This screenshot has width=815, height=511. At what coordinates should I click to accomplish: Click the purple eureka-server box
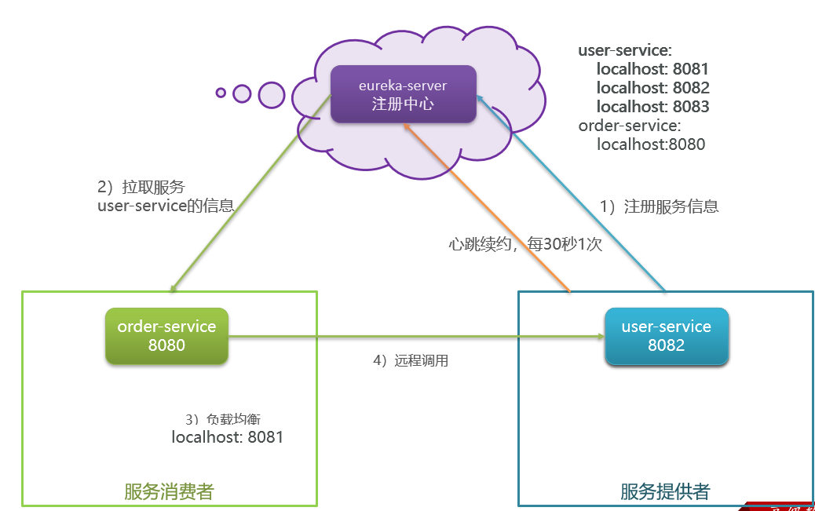[x=403, y=94]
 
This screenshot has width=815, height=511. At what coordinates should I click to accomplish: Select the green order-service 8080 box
[x=166, y=336]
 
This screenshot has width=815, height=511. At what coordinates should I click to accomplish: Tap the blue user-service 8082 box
[x=667, y=336]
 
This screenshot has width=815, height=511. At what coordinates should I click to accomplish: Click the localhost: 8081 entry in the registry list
[x=652, y=69]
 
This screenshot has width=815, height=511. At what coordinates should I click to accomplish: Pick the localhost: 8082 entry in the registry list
[x=652, y=88]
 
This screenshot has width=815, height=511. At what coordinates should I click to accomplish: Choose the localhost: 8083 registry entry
[x=652, y=107]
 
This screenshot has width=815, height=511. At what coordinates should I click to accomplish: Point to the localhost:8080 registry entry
[x=651, y=144]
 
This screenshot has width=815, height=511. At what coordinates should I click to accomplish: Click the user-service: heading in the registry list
[x=625, y=50]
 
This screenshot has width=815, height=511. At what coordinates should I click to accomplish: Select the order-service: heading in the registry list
[x=630, y=126]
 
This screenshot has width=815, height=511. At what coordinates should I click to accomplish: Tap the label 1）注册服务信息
[x=660, y=207]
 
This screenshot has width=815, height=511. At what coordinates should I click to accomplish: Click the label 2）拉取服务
[x=141, y=188]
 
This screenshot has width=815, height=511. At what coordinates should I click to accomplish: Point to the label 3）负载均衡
[x=228, y=419]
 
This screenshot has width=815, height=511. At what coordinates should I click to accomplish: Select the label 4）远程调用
[x=411, y=361]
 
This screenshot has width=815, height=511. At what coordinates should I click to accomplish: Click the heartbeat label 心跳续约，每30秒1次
[x=525, y=244]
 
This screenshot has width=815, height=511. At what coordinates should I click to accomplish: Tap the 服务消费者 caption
[x=169, y=492]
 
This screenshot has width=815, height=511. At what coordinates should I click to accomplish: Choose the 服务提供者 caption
[x=665, y=492]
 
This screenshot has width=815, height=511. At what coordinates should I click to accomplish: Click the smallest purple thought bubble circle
[x=221, y=93]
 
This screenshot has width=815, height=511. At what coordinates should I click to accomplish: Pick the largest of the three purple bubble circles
[x=272, y=95]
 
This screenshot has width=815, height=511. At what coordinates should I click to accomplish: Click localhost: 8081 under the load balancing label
[x=228, y=437]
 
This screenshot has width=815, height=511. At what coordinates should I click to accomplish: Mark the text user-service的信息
[x=166, y=206]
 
